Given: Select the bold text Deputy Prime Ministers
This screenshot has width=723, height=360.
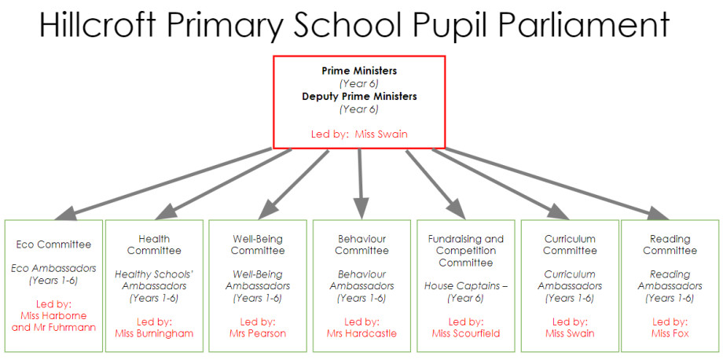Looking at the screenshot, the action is click(359, 97).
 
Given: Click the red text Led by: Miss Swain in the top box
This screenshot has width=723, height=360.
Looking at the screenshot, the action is click(359, 134).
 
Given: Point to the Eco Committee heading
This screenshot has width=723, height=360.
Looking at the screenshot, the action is click(53, 244).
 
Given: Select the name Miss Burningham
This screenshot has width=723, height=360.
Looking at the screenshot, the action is click(154, 333).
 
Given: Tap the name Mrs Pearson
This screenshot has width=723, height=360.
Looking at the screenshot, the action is click(258, 333).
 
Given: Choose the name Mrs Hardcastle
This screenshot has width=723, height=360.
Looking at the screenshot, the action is click(361, 333).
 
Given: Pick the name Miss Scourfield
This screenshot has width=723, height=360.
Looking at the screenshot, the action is click(466, 333).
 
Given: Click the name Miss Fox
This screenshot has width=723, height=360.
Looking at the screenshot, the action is click(670, 333).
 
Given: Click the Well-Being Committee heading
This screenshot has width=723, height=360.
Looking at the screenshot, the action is click(258, 244).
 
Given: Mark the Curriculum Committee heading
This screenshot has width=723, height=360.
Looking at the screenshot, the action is click(570, 244).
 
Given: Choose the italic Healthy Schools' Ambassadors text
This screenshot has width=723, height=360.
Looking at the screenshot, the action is click(154, 281).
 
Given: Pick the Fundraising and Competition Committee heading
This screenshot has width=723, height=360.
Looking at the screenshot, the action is click(466, 251).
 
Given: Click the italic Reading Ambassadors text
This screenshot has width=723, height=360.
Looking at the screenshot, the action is click(670, 281).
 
